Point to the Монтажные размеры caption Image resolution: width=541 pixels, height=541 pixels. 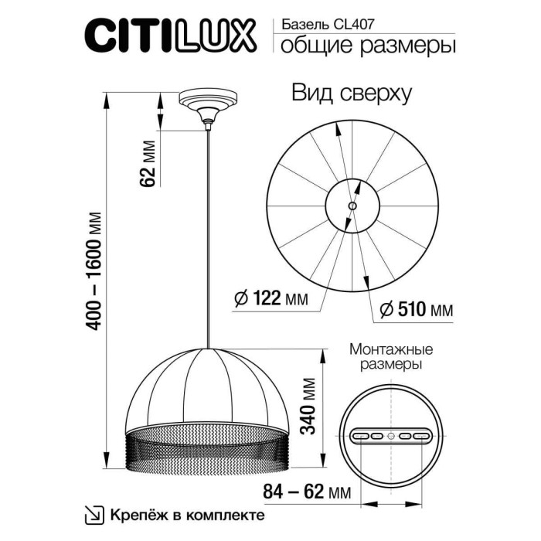[x=391, y=356]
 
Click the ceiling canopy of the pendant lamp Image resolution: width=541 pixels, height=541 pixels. [x=207, y=105]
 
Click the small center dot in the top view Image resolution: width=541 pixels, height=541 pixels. [x=352, y=206]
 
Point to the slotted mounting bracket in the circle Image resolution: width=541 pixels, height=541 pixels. [x=391, y=437]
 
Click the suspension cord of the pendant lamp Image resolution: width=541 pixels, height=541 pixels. [x=208, y=232]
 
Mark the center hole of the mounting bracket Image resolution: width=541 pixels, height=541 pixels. [x=391, y=437]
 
